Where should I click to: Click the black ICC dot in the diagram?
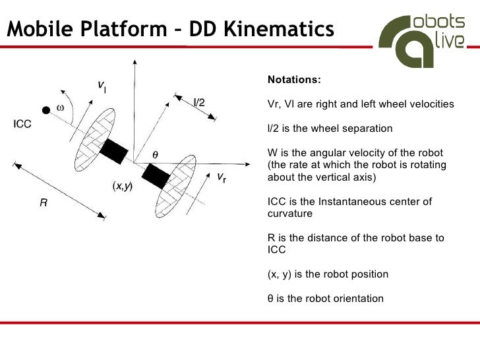click(45, 109)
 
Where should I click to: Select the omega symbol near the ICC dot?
click(60, 107)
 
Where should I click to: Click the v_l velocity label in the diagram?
click(102, 86)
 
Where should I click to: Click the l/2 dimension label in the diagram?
click(198, 102)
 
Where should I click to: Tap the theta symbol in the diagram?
click(156, 153)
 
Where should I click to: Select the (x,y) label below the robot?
click(122, 187)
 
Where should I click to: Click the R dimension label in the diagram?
click(43, 204)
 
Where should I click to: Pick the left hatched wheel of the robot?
click(89, 138)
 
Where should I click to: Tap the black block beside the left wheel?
click(113, 151)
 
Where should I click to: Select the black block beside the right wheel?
click(156, 175)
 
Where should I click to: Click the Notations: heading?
click(294, 80)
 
